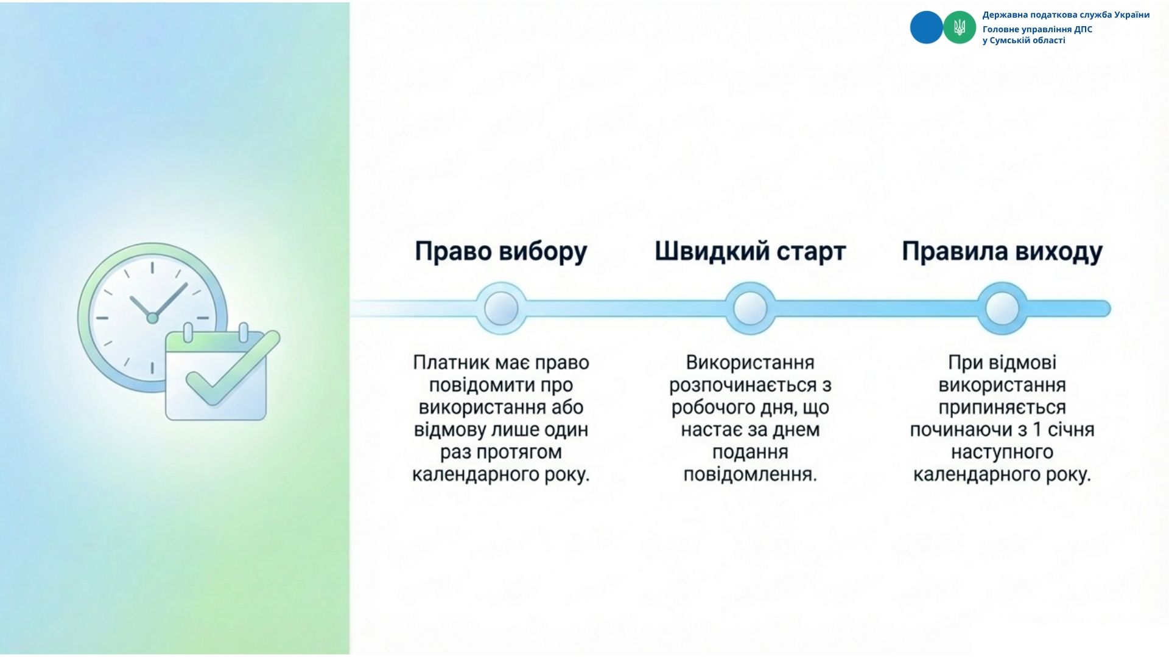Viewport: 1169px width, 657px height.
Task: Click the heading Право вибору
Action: click(501, 252)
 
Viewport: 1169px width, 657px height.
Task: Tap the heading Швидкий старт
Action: click(750, 251)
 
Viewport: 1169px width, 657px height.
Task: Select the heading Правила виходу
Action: click(1002, 252)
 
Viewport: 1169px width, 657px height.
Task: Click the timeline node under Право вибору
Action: click(501, 308)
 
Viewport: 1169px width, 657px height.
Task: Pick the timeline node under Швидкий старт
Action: click(750, 308)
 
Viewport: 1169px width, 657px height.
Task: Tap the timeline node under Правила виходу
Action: click(1002, 308)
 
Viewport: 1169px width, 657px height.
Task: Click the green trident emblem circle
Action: click(960, 27)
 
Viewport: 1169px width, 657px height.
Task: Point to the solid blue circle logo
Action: click(927, 27)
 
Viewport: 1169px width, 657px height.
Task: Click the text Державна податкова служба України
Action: click(1066, 15)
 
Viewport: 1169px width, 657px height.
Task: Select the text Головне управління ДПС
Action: click(1037, 29)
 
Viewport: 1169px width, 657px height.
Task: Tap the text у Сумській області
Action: click(1024, 40)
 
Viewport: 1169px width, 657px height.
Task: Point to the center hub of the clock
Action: click(152, 318)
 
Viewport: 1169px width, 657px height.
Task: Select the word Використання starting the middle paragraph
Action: click(750, 363)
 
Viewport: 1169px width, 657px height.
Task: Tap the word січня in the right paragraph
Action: click(1071, 429)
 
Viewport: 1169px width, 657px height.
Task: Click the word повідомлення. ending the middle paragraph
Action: click(750, 474)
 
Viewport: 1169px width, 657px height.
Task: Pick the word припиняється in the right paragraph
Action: click(1002, 408)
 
